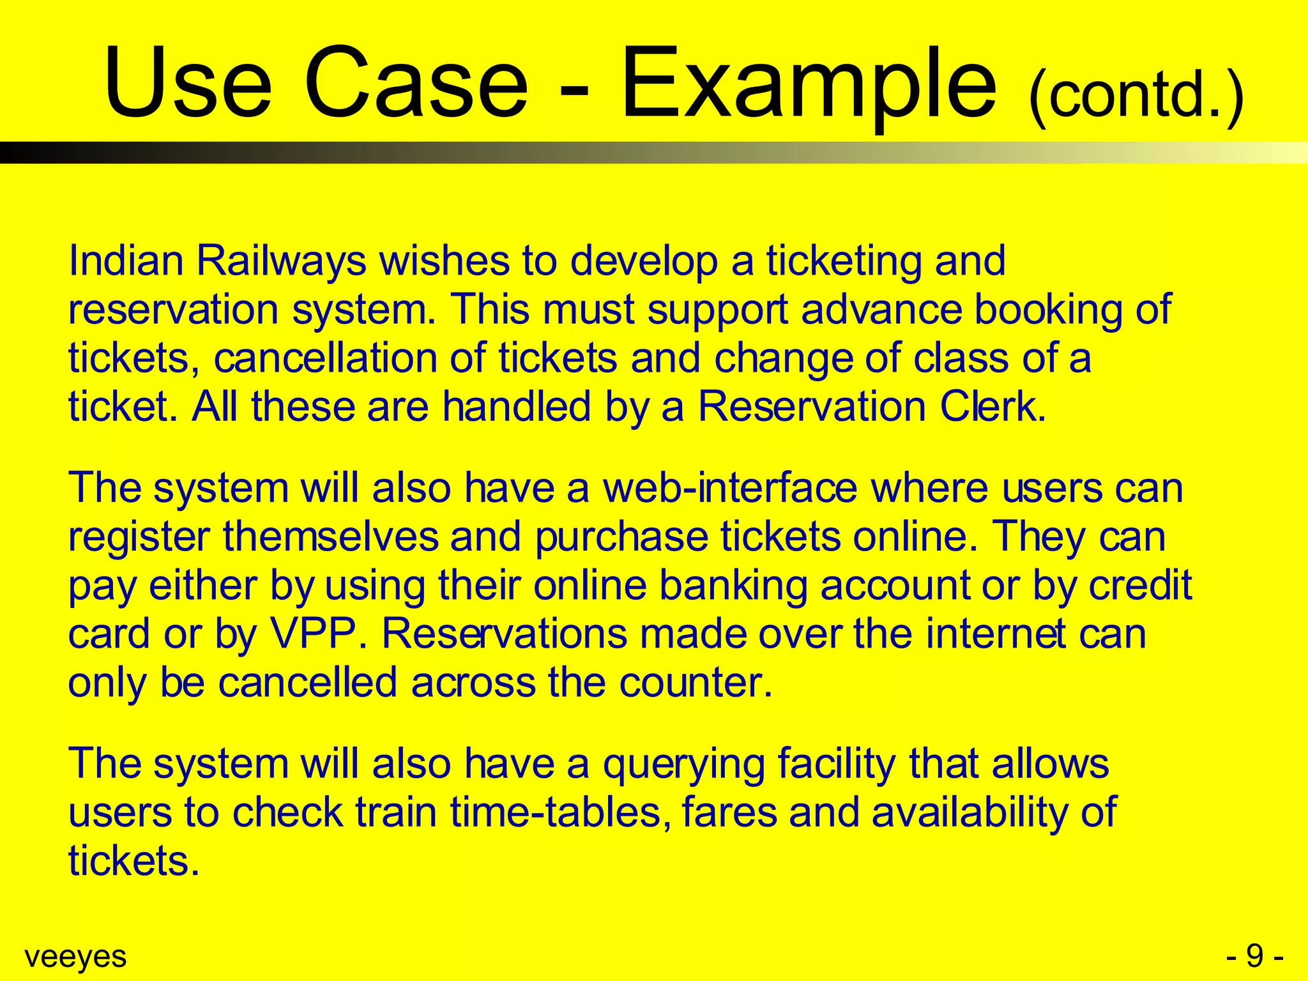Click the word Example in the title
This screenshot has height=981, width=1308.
click(808, 83)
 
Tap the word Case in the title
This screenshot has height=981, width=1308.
click(416, 83)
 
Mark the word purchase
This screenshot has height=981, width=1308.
click(621, 538)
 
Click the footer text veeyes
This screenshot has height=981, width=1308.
click(75, 957)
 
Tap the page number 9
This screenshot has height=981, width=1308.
click(1254, 956)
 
